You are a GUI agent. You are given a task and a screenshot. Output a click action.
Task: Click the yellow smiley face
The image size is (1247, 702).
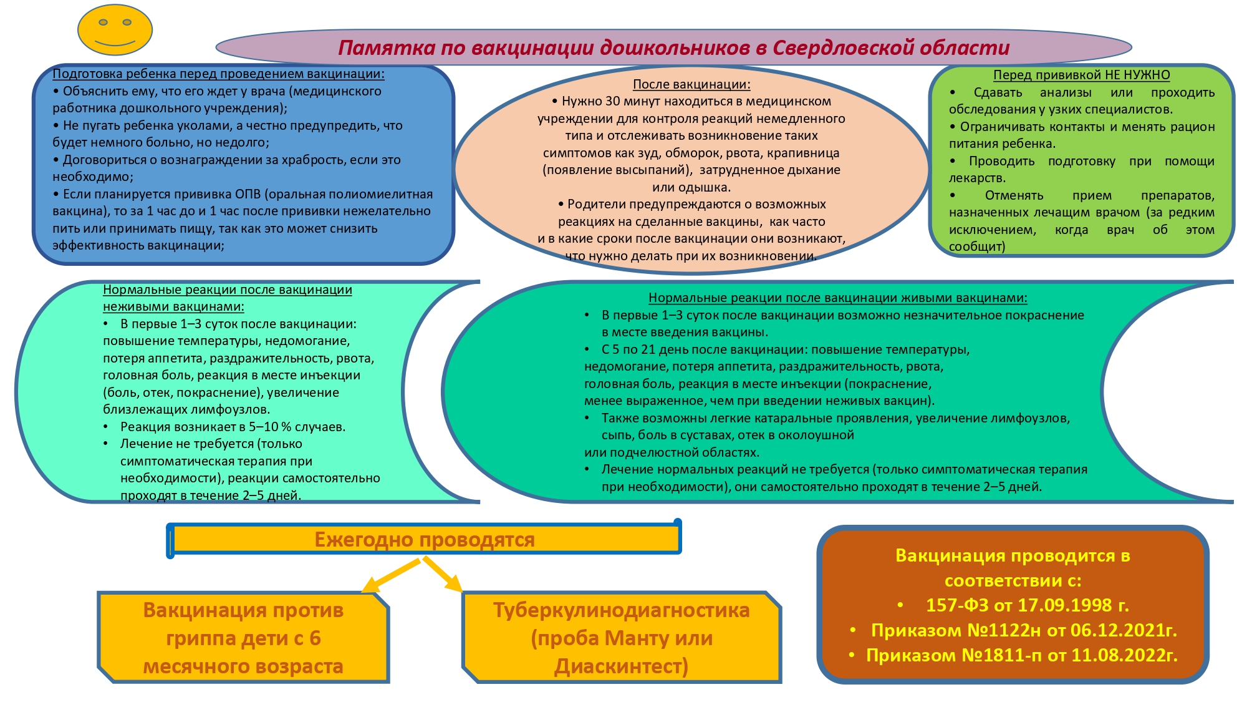115,30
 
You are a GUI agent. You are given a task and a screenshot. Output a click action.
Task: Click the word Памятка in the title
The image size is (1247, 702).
386,48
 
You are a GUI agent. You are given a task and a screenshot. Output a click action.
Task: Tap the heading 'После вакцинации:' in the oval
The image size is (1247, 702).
691,84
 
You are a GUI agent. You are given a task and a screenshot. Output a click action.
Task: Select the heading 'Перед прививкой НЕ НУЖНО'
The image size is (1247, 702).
1081,75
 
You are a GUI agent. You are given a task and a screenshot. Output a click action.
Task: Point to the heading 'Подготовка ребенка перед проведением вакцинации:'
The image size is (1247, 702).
218,74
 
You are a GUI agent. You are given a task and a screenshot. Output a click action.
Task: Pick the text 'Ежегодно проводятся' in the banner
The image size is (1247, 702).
424,539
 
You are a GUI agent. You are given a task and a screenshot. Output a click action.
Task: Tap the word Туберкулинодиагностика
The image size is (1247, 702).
621,610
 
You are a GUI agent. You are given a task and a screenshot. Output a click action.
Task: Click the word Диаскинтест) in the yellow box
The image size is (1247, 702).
621,666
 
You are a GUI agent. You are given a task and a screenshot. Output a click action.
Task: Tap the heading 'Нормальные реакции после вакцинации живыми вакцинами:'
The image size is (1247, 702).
837,298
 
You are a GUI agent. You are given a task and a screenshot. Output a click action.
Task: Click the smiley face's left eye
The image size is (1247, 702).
104,22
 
